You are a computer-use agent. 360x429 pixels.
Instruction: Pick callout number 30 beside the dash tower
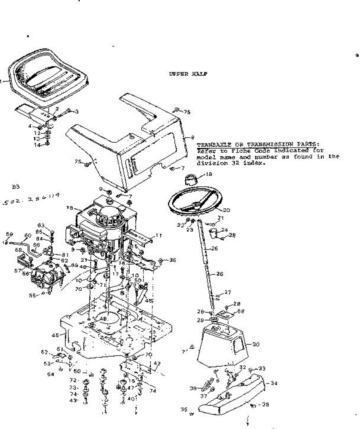point(256,345)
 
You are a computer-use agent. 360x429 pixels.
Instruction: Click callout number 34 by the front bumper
point(274,384)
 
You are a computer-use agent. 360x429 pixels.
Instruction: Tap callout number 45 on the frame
point(55,335)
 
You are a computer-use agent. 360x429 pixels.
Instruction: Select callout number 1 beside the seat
point(1,82)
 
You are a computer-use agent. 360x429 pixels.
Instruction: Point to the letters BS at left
point(15,186)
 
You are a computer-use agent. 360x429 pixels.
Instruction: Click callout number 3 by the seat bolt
point(76,112)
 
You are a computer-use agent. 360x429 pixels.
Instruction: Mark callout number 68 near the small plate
point(241,311)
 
